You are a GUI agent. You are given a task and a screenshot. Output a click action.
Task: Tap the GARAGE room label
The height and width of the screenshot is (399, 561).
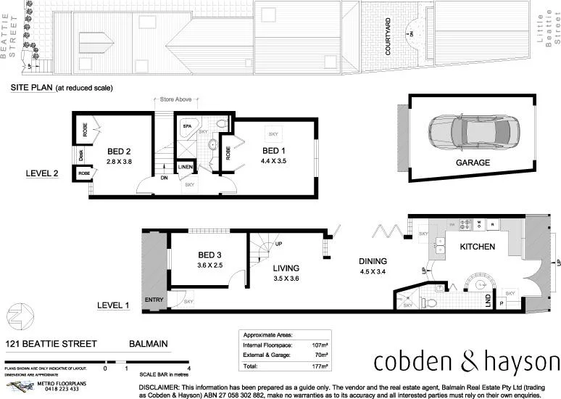point(473,163)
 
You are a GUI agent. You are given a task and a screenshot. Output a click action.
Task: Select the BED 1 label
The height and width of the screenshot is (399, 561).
point(274,150)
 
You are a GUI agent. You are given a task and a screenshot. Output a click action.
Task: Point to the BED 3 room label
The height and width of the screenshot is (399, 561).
point(209,255)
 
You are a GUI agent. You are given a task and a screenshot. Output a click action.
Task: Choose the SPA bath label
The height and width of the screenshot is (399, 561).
point(186,126)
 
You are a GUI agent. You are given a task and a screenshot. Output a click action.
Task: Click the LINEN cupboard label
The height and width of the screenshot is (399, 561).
point(186,168)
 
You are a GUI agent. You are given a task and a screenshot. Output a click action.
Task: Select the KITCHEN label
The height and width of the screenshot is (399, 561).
point(477,247)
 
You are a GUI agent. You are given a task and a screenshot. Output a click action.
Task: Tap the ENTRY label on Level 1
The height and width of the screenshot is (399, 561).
point(154,299)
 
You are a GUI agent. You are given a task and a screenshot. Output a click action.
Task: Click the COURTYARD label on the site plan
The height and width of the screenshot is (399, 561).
point(388,37)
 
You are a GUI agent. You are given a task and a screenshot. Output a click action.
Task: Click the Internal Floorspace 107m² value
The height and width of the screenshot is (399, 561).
point(319,346)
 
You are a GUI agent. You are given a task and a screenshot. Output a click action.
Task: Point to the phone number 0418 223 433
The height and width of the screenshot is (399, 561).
point(64,389)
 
